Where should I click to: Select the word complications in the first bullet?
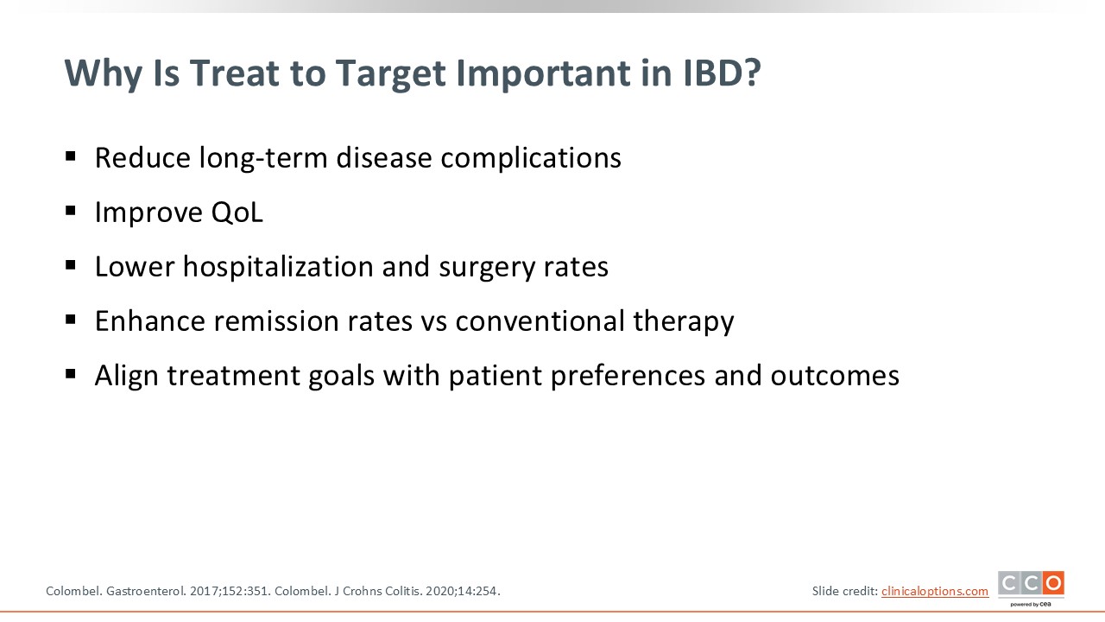pos(531,158)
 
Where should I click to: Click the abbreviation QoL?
pos(237,213)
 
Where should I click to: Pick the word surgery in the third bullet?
pos(487,268)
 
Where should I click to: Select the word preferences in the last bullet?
pos(628,376)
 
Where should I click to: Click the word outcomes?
pos(835,376)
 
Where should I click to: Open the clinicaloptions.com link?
pos(935,591)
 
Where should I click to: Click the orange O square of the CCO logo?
pos(1054,583)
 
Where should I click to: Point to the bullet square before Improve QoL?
pos(71,211)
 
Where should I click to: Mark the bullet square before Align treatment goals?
pos(71,374)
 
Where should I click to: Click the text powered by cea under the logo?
pos(1031,604)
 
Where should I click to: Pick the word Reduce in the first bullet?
pos(142,158)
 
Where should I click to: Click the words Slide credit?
pos(845,591)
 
